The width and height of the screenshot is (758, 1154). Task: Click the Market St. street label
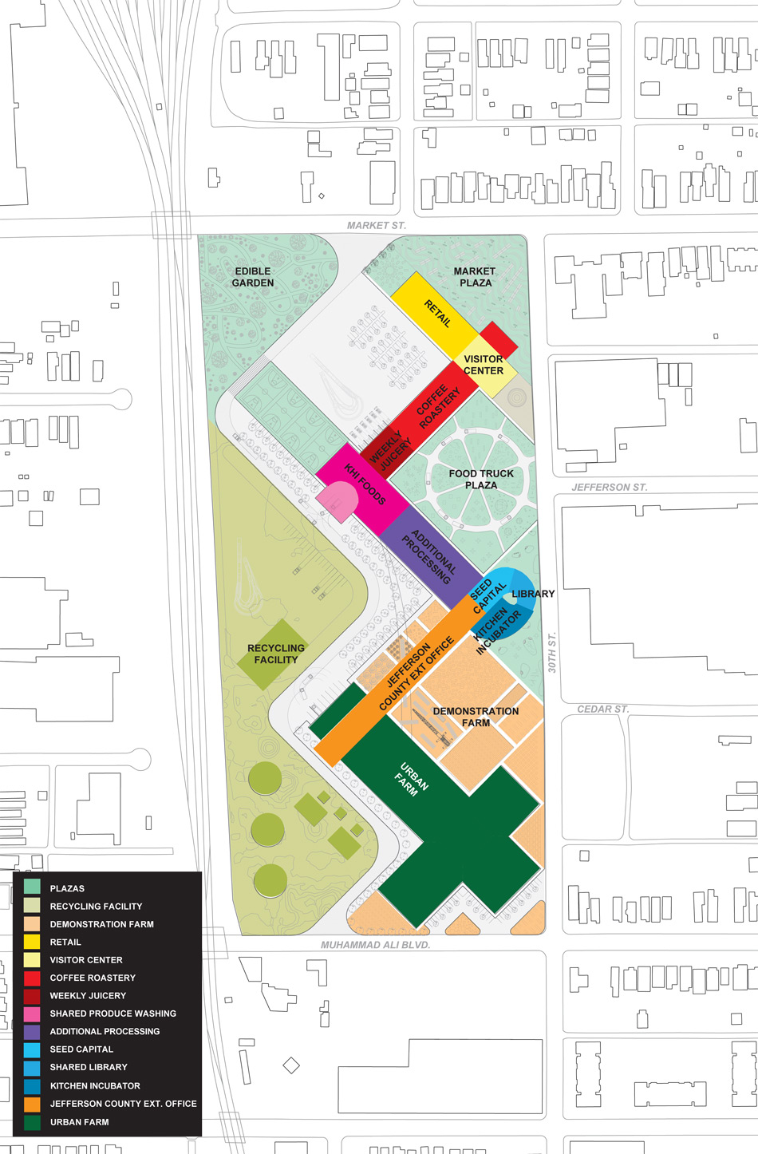pos(376,226)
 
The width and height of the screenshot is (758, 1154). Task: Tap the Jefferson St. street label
pos(609,487)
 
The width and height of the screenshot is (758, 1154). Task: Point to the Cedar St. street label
pos(602,709)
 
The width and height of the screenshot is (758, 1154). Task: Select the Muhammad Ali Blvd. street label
pos(375,945)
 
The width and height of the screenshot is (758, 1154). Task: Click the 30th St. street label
pos(552,652)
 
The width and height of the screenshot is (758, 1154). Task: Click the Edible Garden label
pos(253,277)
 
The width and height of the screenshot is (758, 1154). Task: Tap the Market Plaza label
pos(475,277)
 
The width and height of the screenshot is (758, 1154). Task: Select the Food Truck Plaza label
pos(481,479)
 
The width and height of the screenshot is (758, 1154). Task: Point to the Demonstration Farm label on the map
pos(476,717)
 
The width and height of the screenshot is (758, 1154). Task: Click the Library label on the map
pos(533,594)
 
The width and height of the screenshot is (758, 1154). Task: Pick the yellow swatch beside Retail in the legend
pos(32,942)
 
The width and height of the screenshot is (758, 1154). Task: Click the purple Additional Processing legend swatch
pos(32,1031)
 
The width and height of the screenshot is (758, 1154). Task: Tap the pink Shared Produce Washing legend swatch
pos(32,1014)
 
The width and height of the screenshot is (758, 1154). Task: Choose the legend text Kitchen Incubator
pos(95,1085)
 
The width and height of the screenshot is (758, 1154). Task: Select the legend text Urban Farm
pos(80,1121)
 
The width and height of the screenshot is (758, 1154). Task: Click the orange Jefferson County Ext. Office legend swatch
pos(32,1104)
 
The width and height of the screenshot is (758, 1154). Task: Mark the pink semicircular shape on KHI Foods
pos(338,500)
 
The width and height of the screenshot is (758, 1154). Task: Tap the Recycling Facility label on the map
pos(276,654)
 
